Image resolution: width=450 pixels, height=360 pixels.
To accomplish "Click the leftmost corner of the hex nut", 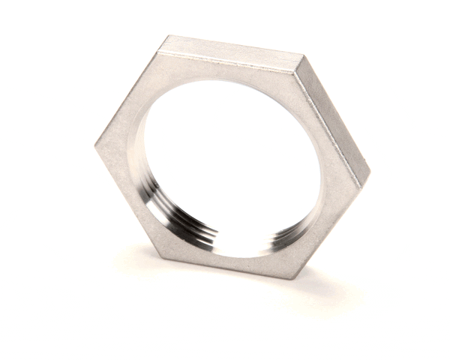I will (96, 145).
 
